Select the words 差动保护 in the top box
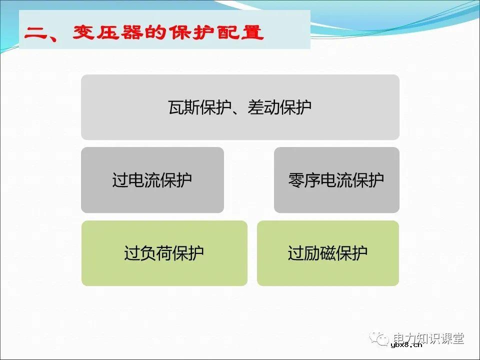click(x=279, y=107)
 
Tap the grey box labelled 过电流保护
click(x=152, y=180)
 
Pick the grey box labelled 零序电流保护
click(x=336, y=180)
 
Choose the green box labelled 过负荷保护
click(x=164, y=253)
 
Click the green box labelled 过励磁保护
click(x=327, y=253)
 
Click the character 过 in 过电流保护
click(x=120, y=180)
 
